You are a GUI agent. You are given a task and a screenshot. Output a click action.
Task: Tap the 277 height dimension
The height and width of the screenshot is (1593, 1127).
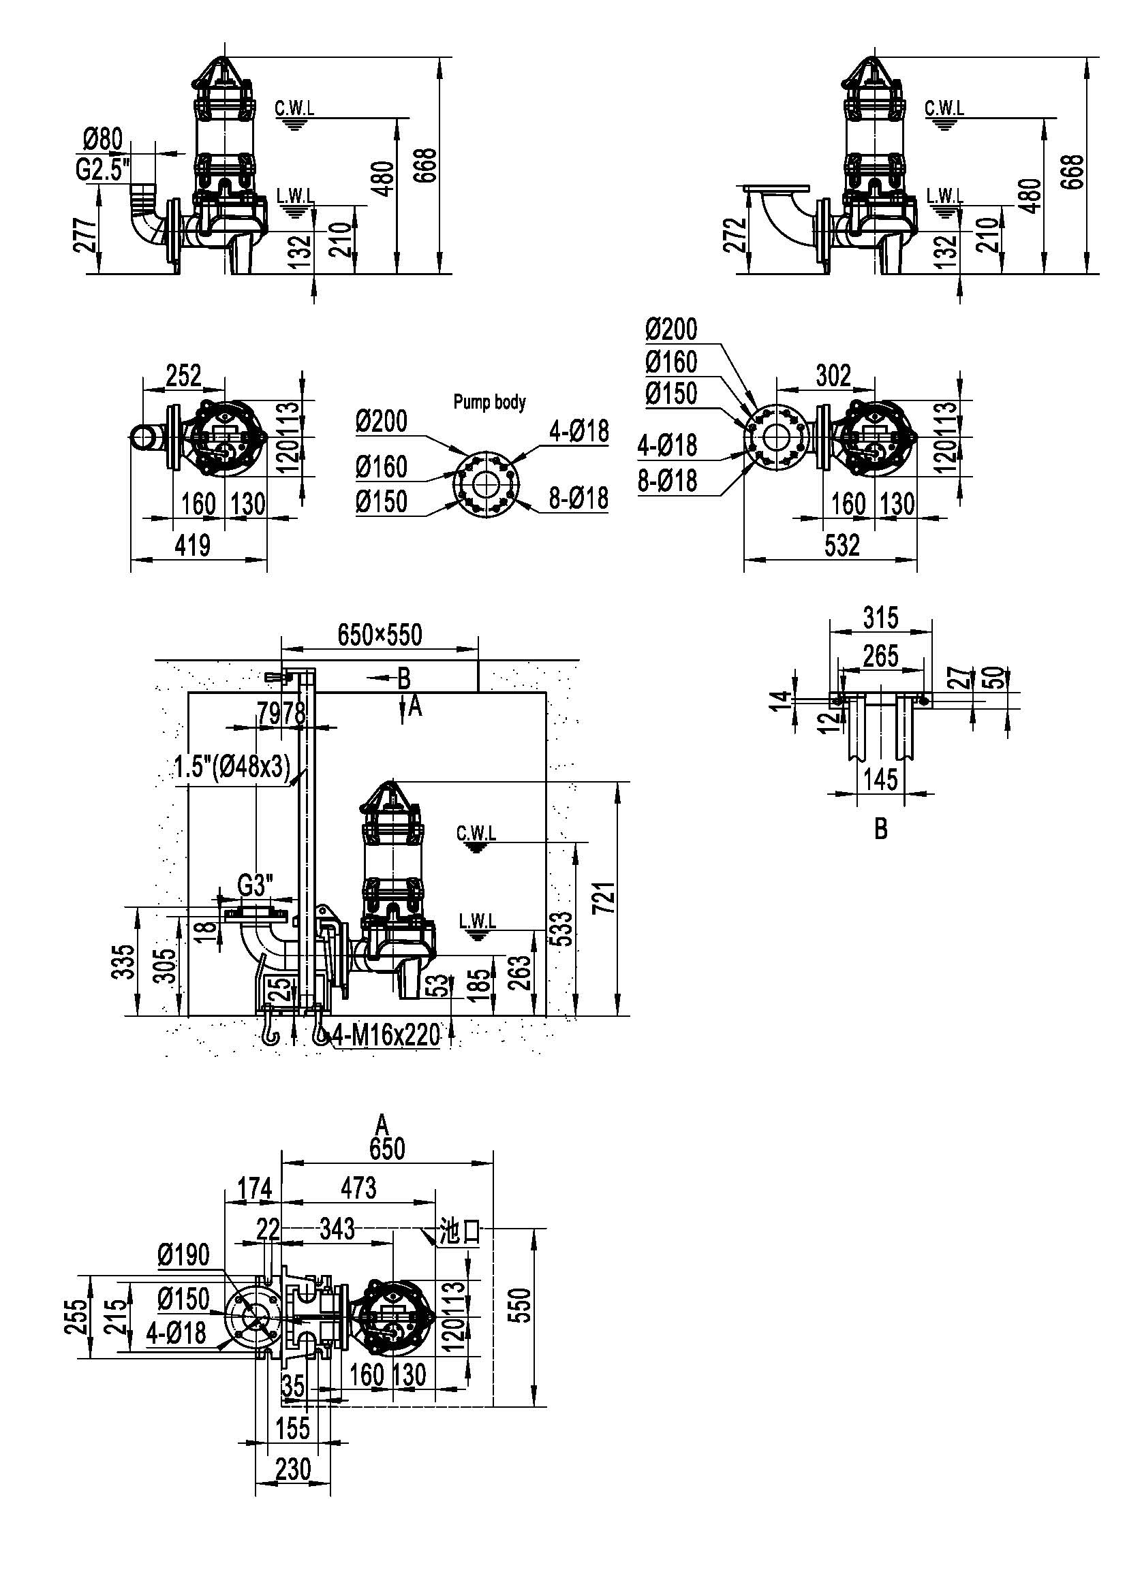click(85, 235)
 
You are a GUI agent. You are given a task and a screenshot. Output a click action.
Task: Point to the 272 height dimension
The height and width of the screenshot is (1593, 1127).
click(737, 235)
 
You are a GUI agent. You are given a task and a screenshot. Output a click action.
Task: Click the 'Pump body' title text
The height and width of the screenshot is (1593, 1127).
click(489, 402)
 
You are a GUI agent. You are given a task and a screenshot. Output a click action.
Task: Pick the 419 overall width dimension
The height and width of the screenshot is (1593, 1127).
click(192, 546)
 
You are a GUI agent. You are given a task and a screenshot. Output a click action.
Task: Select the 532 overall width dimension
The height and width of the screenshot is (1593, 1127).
click(842, 546)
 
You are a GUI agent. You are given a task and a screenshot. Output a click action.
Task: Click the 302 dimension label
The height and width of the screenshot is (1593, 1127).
click(833, 375)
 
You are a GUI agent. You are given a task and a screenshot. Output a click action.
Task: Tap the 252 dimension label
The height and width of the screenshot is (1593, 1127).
click(183, 375)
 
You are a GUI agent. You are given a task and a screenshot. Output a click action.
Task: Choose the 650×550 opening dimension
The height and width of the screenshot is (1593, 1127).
click(380, 635)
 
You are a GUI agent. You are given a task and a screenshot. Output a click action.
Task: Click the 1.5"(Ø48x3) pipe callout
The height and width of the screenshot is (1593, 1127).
click(231, 768)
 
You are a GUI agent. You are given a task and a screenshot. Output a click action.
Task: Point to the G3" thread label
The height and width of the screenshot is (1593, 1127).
click(256, 886)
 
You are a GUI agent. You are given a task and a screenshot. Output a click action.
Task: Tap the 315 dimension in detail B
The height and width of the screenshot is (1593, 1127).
click(880, 617)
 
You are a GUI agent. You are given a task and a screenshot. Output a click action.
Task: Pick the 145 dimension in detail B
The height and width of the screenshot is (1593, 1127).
click(880, 779)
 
